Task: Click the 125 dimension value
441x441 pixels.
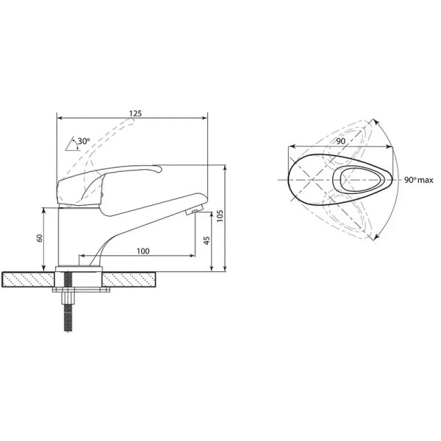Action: pyautogui.click(x=135, y=114)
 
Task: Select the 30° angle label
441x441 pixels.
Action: pyautogui.click(x=84, y=141)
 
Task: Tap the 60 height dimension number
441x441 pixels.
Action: pyautogui.click(x=40, y=238)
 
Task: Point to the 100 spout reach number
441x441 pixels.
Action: pyautogui.click(x=143, y=251)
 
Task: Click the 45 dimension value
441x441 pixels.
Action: pyautogui.click(x=207, y=240)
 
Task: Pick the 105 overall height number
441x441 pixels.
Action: pyautogui.click(x=220, y=215)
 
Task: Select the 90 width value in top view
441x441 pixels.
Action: pyautogui.click(x=340, y=141)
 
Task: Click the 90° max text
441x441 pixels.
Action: pyautogui.click(x=419, y=180)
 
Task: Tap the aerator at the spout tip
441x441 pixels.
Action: pyautogui.click(x=194, y=211)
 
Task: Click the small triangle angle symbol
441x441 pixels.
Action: pyautogui.click(x=71, y=144)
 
